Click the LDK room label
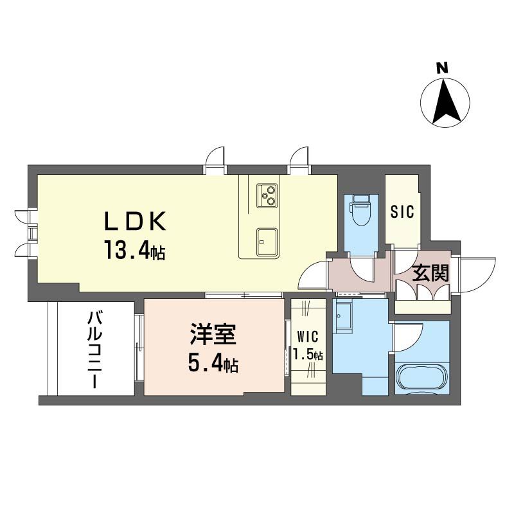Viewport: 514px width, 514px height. (136, 221)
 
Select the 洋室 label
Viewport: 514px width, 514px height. (213, 335)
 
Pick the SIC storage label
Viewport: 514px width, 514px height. (402, 211)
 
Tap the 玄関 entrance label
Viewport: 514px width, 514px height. (430, 274)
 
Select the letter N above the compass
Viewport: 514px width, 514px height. (441, 67)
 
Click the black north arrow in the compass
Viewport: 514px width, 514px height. (445, 102)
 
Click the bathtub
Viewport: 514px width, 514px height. (421, 378)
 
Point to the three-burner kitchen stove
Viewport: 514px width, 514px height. (267, 195)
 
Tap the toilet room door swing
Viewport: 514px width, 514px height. (362, 269)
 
